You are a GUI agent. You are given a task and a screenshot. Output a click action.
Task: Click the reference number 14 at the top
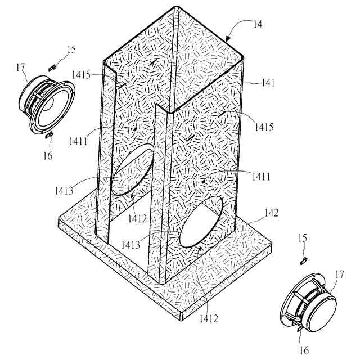(x=258, y=24)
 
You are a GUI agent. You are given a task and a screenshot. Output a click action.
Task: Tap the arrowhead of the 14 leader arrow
(x=228, y=39)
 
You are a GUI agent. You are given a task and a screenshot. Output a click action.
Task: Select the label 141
(x=268, y=83)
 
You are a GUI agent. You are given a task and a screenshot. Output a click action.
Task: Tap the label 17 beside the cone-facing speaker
(x=21, y=68)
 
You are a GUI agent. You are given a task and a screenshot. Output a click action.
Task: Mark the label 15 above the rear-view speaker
(x=302, y=238)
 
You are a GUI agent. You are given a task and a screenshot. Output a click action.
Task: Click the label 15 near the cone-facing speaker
(x=70, y=50)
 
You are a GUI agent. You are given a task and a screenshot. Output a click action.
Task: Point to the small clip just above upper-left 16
(x=48, y=135)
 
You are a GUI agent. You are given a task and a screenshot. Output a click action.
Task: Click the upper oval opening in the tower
(x=133, y=169)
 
